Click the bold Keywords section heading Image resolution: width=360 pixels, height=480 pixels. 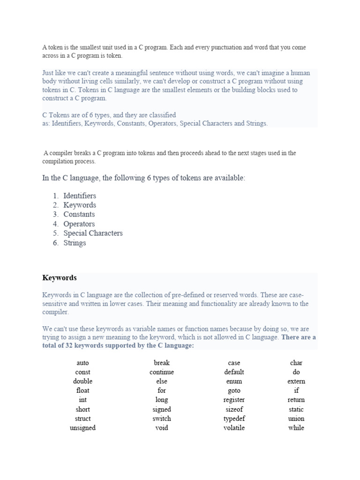click(x=60, y=278)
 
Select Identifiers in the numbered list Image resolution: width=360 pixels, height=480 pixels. click(x=80, y=195)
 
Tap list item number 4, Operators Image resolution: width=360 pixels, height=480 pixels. click(x=79, y=224)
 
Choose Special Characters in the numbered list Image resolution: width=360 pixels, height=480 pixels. click(x=93, y=233)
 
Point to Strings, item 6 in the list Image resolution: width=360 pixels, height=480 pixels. click(x=75, y=243)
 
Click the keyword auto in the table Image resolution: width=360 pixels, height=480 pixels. click(x=82, y=363)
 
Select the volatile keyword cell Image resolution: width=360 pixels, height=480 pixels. click(x=234, y=428)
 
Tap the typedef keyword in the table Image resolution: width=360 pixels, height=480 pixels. click(x=234, y=419)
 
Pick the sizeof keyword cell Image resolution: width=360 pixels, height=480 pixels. click(x=234, y=409)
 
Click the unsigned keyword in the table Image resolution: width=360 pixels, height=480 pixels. click(x=82, y=428)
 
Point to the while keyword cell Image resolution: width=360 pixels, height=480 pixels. click(x=296, y=428)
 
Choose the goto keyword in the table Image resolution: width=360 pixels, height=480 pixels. click(x=234, y=390)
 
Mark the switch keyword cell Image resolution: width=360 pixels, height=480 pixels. click(x=162, y=419)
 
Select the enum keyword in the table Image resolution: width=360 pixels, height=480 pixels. click(x=234, y=382)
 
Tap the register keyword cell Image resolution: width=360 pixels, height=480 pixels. click(x=234, y=400)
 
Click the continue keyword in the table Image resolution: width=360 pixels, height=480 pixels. click(x=162, y=372)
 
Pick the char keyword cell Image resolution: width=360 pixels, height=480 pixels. click(x=296, y=363)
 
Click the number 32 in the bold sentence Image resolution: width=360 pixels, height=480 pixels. click(x=69, y=345)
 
